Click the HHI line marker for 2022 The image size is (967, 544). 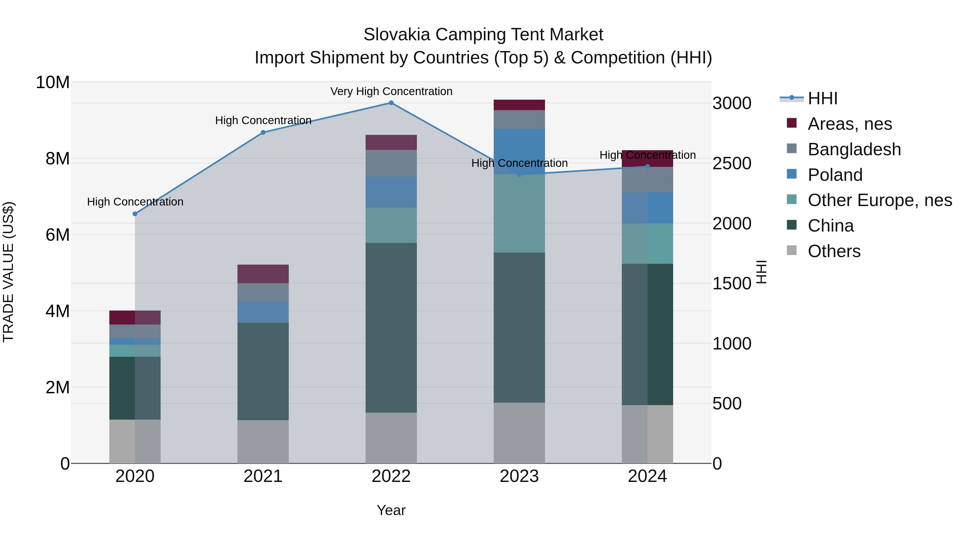(391, 103)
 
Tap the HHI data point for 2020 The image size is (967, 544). (135, 214)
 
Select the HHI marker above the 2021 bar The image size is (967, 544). (263, 132)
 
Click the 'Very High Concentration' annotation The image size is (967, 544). (391, 92)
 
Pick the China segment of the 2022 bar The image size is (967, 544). (391, 327)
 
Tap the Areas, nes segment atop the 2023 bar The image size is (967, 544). (519, 105)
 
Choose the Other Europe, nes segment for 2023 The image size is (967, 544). (519, 213)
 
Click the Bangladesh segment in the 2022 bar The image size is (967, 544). (391, 163)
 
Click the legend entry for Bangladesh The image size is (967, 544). (854, 149)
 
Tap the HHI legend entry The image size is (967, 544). (822, 98)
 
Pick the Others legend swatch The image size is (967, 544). (791, 250)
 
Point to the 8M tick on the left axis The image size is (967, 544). (57, 159)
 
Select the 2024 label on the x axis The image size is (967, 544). (647, 476)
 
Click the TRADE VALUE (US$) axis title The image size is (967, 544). (8, 272)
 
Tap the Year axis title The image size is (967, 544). (391, 510)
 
